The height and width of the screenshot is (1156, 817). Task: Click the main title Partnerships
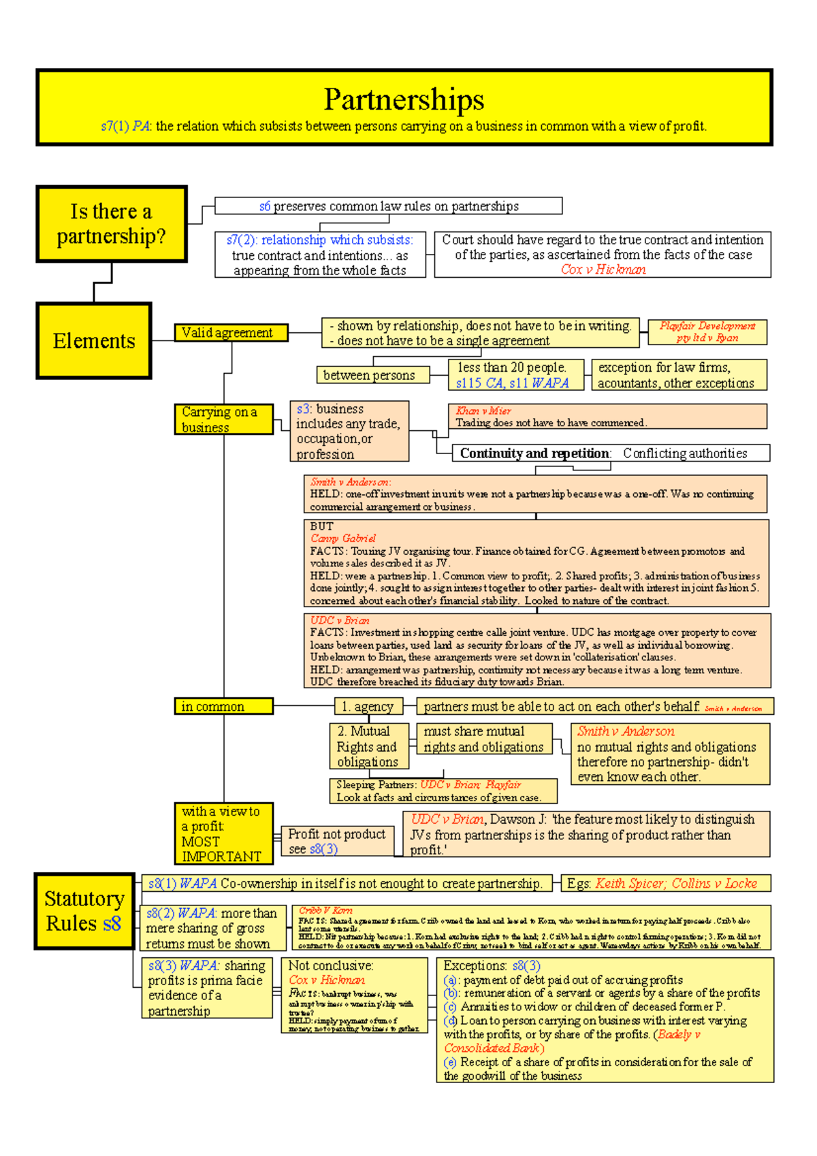(404, 99)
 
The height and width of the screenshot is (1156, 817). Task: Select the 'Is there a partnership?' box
(111, 224)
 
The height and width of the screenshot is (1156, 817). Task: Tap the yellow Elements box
(94, 340)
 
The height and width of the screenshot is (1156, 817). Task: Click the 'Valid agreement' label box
(231, 333)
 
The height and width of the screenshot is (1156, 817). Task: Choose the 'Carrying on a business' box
(223, 419)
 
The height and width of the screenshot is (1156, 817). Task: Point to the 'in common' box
(223, 707)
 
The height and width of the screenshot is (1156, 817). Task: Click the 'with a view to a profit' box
(223, 833)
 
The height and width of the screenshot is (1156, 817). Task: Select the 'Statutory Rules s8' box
(84, 911)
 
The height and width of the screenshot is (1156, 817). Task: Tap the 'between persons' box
(372, 375)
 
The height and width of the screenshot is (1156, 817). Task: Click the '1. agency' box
(368, 707)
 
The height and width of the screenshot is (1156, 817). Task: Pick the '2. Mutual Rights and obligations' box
(368, 746)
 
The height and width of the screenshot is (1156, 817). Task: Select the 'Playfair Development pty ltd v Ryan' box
(707, 332)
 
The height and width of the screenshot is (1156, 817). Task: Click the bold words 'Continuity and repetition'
(535, 453)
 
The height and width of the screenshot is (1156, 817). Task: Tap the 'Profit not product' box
(337, 841)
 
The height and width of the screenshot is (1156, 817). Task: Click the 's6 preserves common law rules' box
(389, 206)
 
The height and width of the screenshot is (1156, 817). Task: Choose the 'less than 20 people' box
(515, 375)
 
